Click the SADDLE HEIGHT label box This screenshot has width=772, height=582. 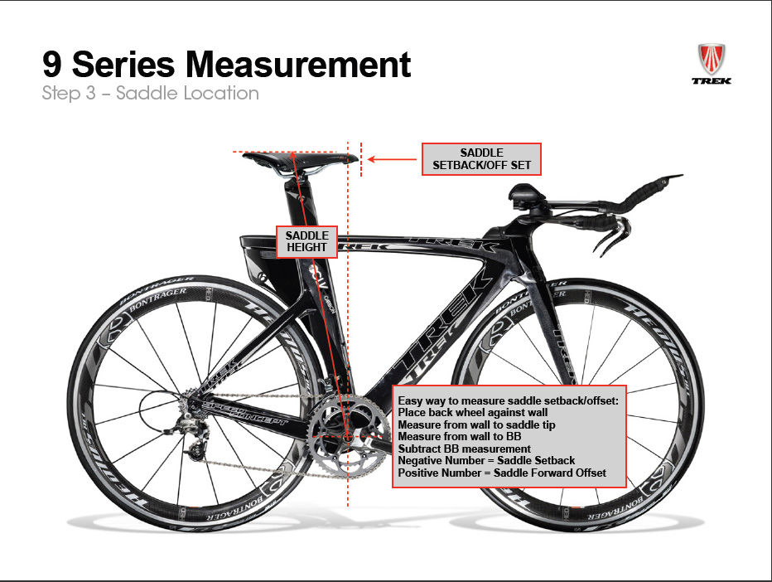point(308,240)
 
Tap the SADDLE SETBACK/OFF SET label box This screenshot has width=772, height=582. point(481,159)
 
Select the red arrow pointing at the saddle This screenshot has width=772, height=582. point(393,159)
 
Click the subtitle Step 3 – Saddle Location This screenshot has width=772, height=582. point(151,93)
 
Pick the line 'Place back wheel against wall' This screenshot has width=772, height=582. point(473,412)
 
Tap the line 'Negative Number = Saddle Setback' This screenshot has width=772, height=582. point(486,460)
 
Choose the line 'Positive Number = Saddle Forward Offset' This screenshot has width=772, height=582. point(502,473)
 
